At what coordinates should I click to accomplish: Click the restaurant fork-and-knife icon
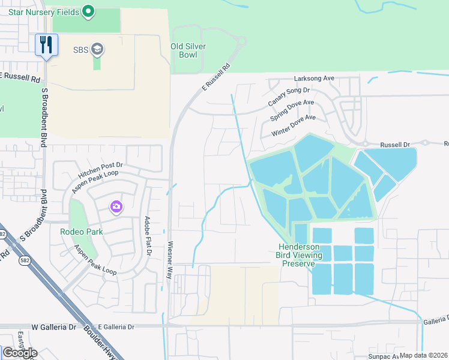tap(46, 44)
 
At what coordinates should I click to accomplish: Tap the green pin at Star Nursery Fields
tap(88, 10)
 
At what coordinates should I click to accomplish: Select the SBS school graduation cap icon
tap(97, 49)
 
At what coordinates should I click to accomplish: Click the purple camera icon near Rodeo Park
tap(116, 207)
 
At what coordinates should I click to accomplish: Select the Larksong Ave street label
tap(314, 79)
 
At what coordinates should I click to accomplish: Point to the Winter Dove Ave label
tap(293, 126)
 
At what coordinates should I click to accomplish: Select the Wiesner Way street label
tap(170, 259)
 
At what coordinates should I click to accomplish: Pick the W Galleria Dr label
tap(55, 326)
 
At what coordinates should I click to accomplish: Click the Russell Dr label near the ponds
tap(394, 145)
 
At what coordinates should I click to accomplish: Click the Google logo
tap(19, 353)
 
